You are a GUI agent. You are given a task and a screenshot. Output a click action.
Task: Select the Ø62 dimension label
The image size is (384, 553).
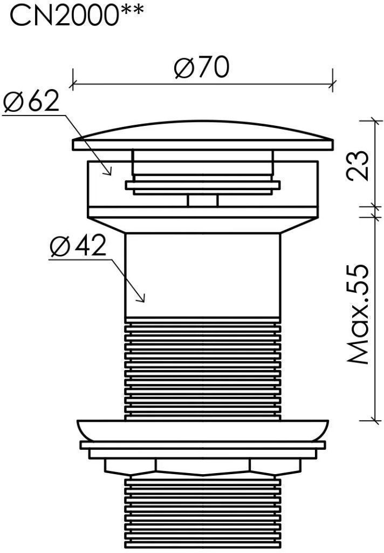(x=31, y=101)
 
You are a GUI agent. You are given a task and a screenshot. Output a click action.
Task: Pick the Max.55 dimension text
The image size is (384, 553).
(x=358, y=314)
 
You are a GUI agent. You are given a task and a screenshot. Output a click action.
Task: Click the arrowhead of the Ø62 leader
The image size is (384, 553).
(x=109, y=171)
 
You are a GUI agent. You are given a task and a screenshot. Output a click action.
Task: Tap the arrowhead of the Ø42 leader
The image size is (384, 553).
(x=142, y=298)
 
